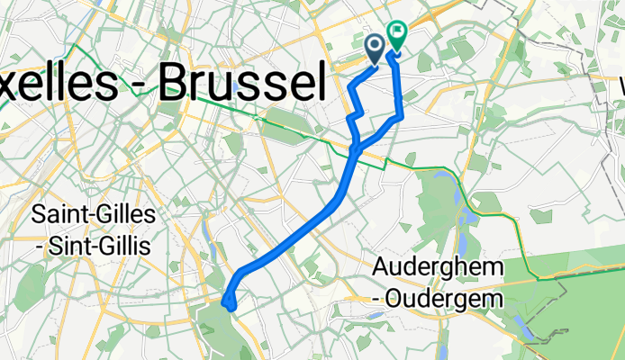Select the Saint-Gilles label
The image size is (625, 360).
94,216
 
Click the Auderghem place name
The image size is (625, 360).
439,268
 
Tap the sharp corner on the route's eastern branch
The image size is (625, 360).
400,116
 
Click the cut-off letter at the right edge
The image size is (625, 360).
619,85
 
